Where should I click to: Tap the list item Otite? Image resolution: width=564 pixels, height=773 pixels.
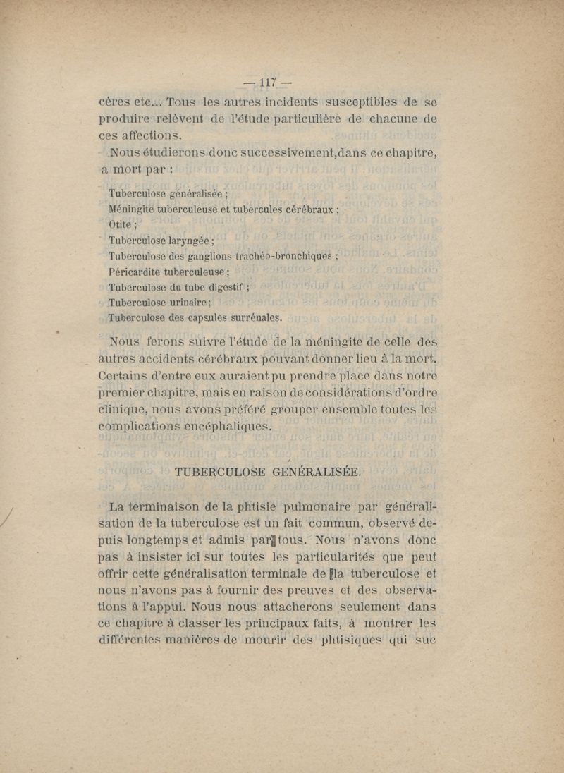[x=123, y=226]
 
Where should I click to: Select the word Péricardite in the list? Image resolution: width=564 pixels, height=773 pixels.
[x=138, y=272]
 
